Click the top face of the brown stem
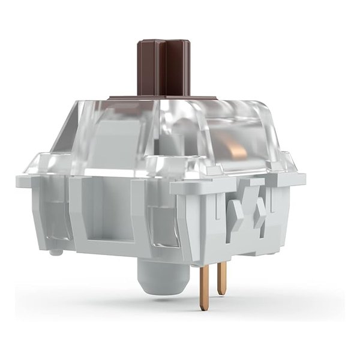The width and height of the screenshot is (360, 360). [x=163, y=44]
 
